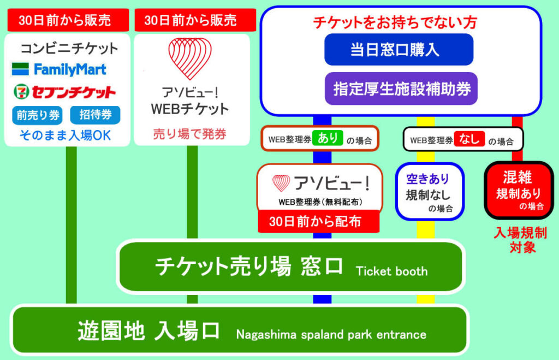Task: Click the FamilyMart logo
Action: (x=59, y=69)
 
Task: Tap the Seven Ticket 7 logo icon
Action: (x=21, y=92)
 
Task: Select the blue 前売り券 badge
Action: (x=38, y=115)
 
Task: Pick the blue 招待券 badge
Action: (x=95, y=115)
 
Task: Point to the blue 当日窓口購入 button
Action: (x=399, y=50)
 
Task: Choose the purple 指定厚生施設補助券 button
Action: (x=401, y=88)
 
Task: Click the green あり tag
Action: (x=328, y=138)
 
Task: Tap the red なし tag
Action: (x=469, y=139)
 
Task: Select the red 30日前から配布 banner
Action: (x=318, y=221)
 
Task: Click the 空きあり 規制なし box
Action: (x=430, y=192)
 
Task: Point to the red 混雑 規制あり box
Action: (x=519, y=190)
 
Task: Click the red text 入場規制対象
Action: (x=521, y=240)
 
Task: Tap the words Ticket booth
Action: (x=392, y=271)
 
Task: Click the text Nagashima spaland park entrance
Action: (x=331, y=335)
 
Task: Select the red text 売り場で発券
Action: (x=190, y=134)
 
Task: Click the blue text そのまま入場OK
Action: (x=66, y=135)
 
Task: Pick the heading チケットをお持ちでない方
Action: (x=395, y=22)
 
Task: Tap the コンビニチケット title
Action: (x=69, y=49)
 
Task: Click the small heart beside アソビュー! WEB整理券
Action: (x=281, y=182)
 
